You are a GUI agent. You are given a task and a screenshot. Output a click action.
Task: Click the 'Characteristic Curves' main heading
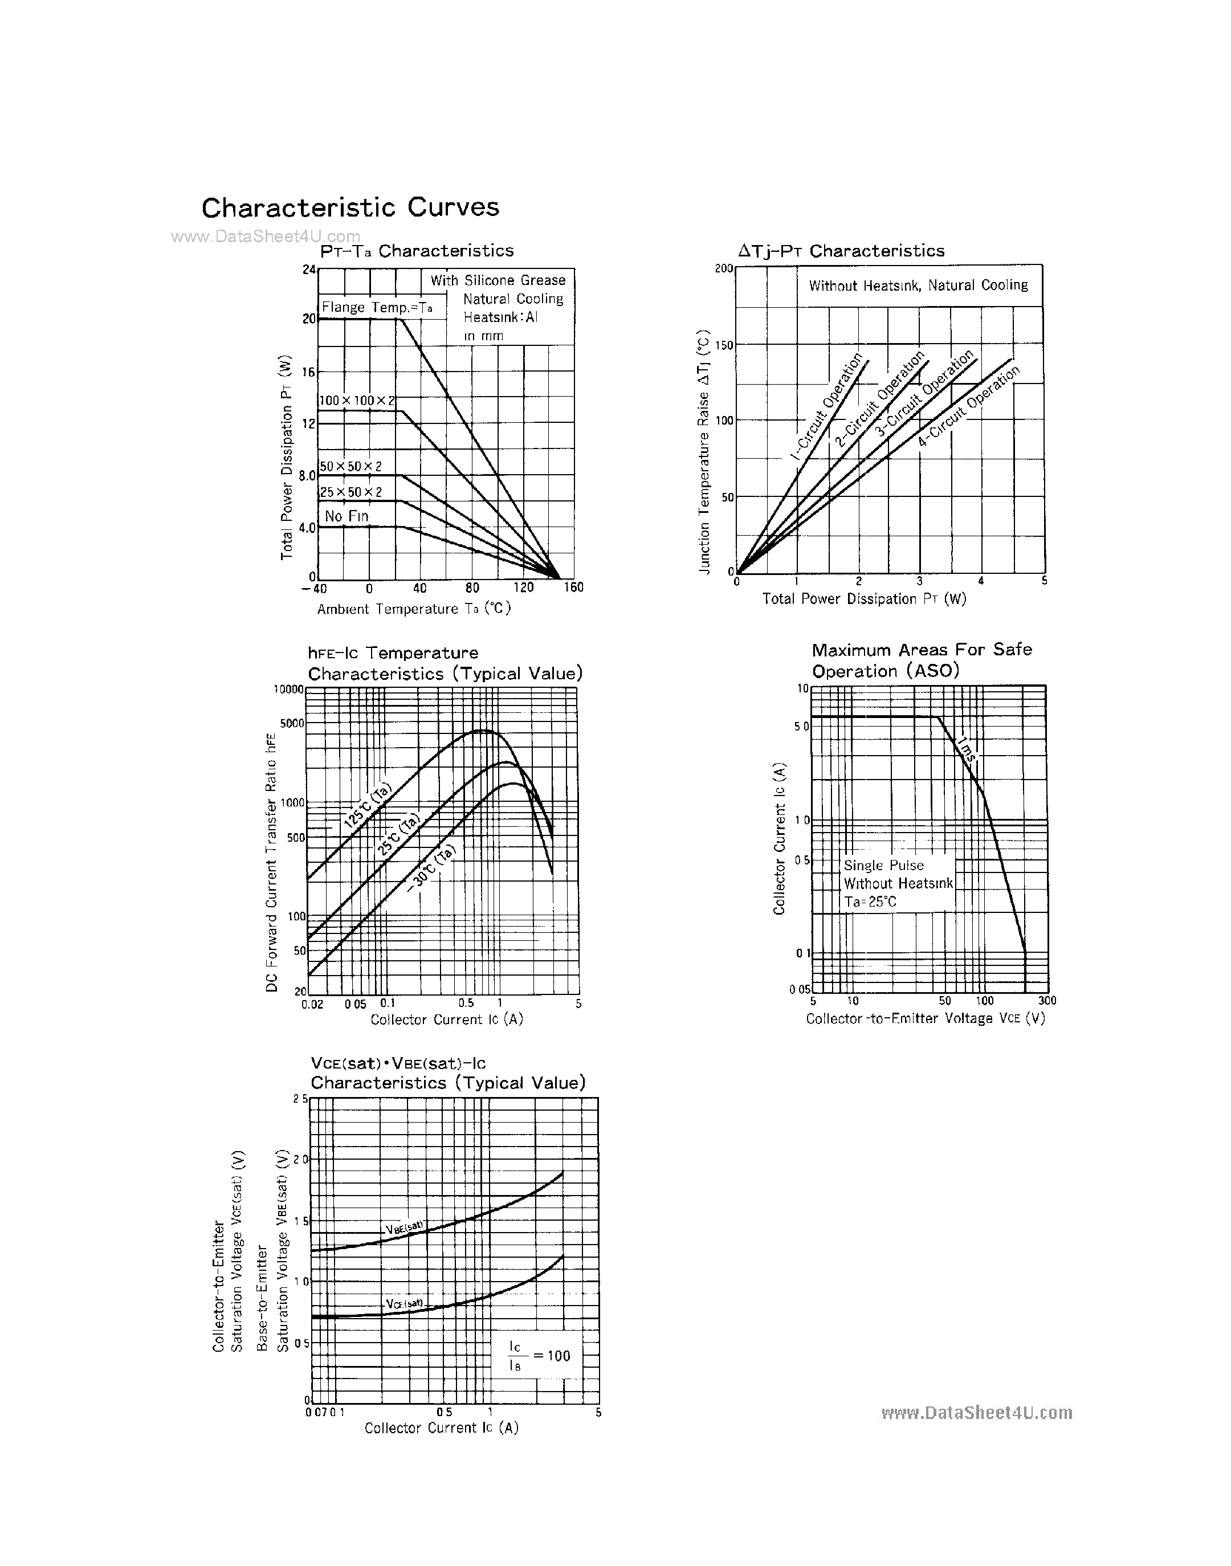(x=350, y=207)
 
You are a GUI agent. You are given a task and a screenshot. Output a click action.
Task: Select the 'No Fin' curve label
(x=346, y=516)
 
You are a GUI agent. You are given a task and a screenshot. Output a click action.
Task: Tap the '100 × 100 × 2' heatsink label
(x=357, y=400)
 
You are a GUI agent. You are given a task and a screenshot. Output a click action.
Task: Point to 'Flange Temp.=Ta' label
(x=376, y=308)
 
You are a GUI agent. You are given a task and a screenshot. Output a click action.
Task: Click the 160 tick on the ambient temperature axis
(x=574, y=588)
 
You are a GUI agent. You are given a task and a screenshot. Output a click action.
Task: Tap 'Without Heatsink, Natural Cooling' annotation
(x=918, y=286)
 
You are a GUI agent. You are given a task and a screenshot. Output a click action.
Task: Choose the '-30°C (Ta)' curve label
(x=431, y=869)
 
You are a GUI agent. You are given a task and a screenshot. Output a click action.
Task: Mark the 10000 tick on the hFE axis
(x=288, y=689)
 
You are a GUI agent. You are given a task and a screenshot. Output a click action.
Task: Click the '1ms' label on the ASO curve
(x=967, y=749)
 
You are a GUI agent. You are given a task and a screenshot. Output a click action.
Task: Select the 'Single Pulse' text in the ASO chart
(x=883, y=866)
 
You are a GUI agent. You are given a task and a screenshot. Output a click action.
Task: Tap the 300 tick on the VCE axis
(x=1046, y=1000)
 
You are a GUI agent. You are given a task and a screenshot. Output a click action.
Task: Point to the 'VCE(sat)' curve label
(x=404, y=1303)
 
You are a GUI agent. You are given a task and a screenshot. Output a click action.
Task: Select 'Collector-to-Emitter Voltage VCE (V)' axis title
(x=926, y=1018)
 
